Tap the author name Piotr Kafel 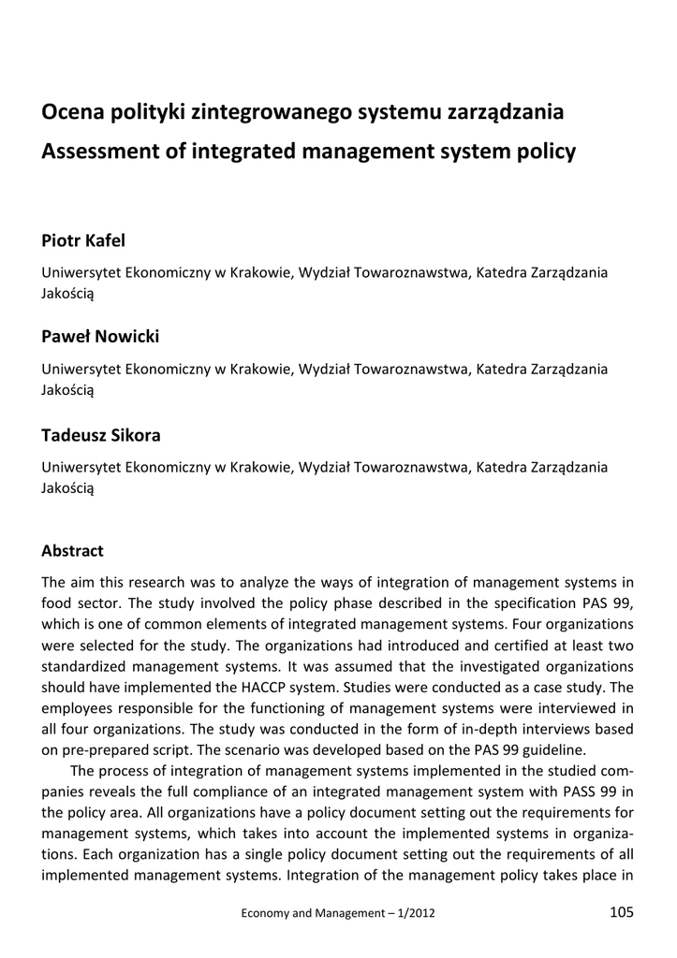click(83, 241)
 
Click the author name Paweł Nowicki click(99, 336)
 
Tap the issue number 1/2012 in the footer click(413, 913)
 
